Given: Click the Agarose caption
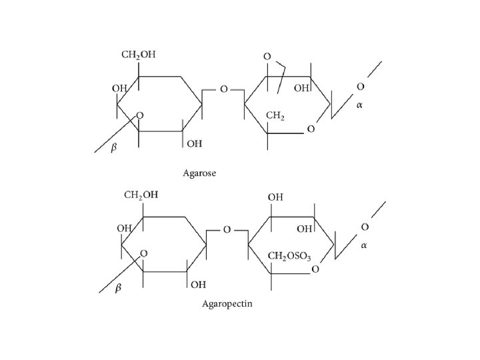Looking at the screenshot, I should (201, 173).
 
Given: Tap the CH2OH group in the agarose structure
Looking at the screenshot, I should (139, 55).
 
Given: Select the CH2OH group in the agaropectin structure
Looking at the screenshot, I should (141, 195).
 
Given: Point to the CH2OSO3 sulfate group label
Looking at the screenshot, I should (289, 255).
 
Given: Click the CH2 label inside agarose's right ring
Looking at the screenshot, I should (275, 117).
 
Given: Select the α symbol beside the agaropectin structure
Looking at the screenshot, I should (364, 245).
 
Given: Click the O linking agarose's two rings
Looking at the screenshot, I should (223, 89).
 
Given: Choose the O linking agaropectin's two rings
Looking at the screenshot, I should (227, 229).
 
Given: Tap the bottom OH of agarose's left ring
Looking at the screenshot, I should (195, 143).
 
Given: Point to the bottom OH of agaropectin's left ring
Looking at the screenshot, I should (198, 285).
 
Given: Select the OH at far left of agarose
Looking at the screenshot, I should (120, 88).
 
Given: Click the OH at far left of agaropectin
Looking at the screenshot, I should (124, 228).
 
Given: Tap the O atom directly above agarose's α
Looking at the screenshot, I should (360, 87).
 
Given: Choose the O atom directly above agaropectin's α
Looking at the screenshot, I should (364, 227).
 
